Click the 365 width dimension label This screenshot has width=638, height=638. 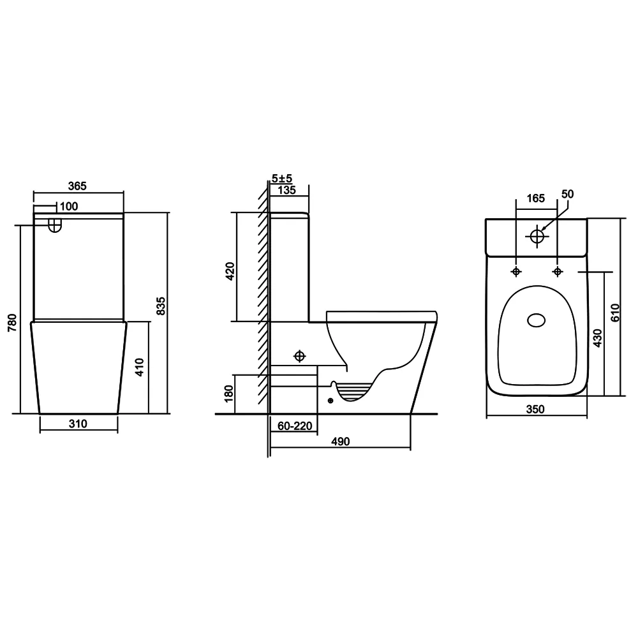click(77, 186)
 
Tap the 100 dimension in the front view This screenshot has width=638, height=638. click(69, 206)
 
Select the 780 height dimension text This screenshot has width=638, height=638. click(13, 322)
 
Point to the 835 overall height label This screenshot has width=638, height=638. click(161, 306)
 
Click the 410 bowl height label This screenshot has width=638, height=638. click(140, 367)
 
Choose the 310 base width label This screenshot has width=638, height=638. click(78, 424)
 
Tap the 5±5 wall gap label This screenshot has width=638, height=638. click(282, 179)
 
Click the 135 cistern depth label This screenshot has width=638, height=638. click(287, 190)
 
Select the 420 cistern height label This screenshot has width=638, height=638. click(230, 271)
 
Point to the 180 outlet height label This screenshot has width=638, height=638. click(229, 394)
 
